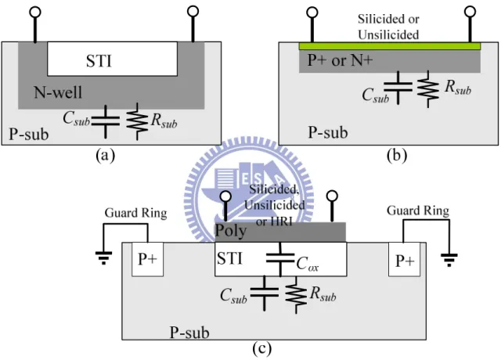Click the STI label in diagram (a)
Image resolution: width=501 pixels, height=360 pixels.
pos(99,61)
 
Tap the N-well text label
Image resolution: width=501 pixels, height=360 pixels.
pos(58,92)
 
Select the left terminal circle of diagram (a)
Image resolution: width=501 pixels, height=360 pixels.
pos(34,13)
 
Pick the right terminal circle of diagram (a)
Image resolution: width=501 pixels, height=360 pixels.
pos(193,11)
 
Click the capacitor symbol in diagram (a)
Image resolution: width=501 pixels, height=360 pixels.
pos(106,121)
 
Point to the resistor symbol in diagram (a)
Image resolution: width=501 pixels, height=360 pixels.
pos(137,121)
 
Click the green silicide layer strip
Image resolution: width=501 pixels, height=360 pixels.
pos(390,46)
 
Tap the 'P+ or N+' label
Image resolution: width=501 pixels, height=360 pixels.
pos(340,60)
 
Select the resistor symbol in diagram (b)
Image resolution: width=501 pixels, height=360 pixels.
pos(428,88)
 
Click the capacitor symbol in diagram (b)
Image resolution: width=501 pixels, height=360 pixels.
pos(398,87)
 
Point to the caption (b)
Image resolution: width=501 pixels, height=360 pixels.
pos(397,156)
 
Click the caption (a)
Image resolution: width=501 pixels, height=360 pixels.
pos(105,156)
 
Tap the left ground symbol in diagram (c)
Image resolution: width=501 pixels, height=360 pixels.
pos(103,258)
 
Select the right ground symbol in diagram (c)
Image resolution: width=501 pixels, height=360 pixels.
pos(449,260)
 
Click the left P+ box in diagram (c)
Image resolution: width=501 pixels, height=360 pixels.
pos(148,259)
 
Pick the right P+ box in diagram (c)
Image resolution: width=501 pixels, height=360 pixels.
pos(405,259)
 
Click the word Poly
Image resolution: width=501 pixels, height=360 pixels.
pos(231,231)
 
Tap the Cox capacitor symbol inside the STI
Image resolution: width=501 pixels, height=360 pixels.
pos(280,258)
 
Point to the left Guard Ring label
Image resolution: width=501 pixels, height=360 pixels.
pos(135,213)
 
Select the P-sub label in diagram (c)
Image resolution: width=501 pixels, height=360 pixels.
pos(189,333)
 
